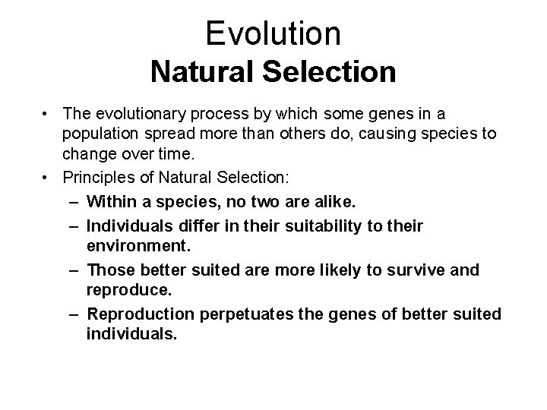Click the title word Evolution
(273, 33)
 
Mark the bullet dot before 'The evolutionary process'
(47, 114)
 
